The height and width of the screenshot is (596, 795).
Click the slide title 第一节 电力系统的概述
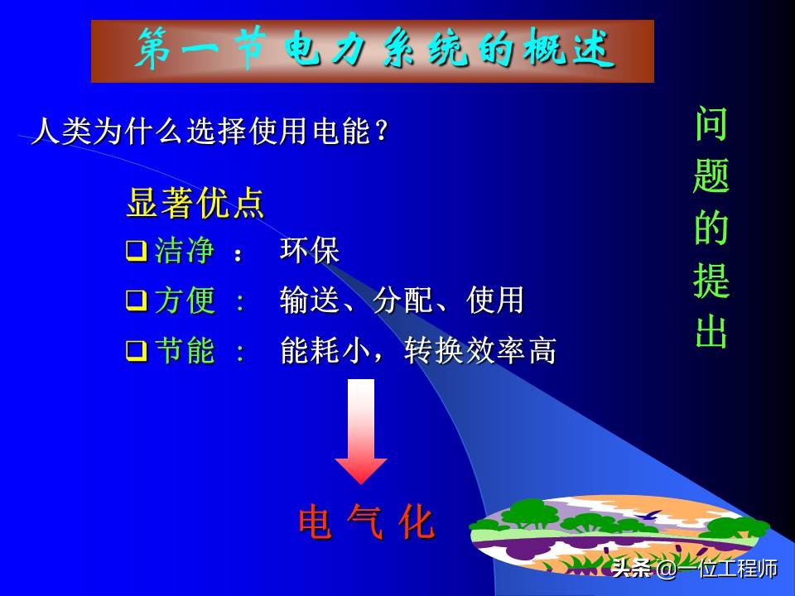coord(373,51)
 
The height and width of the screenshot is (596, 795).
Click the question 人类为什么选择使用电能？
coord(210,132)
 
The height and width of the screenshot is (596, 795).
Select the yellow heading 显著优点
coord(195,204)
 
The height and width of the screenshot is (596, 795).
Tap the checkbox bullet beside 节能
coord(137,351)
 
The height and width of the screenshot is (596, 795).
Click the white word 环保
coord(310,251)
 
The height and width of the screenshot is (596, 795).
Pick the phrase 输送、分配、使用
coord(402,301)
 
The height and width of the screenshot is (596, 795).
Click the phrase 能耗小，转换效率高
coord(418,352)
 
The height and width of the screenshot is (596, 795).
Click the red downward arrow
coord(361,430)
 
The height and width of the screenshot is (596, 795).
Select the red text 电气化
coord(366,523)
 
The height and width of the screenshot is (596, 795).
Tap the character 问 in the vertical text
coord(711,123)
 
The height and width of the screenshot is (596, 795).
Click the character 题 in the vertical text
coord(711,175)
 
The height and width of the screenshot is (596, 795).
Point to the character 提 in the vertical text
coord(711,281)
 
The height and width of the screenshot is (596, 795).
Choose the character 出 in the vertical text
coord(711,332)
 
